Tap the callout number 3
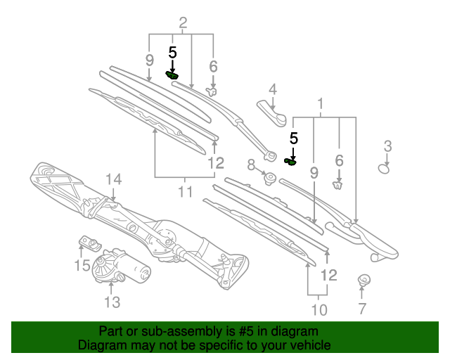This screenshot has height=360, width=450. point(387,146)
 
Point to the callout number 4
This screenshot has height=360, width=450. point(272,90)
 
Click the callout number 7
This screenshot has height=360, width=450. point(362,307)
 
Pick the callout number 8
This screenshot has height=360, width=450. point(251,166)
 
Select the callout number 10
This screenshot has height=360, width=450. point(319,310)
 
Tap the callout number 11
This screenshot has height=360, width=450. point(185,191)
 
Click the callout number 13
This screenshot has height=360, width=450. point(112,302)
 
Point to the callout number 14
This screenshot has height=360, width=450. point(113,180)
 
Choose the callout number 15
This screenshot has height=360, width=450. point(82,265)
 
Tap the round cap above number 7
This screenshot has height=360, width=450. point(364,280)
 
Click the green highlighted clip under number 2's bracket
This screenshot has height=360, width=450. point(172,75)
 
